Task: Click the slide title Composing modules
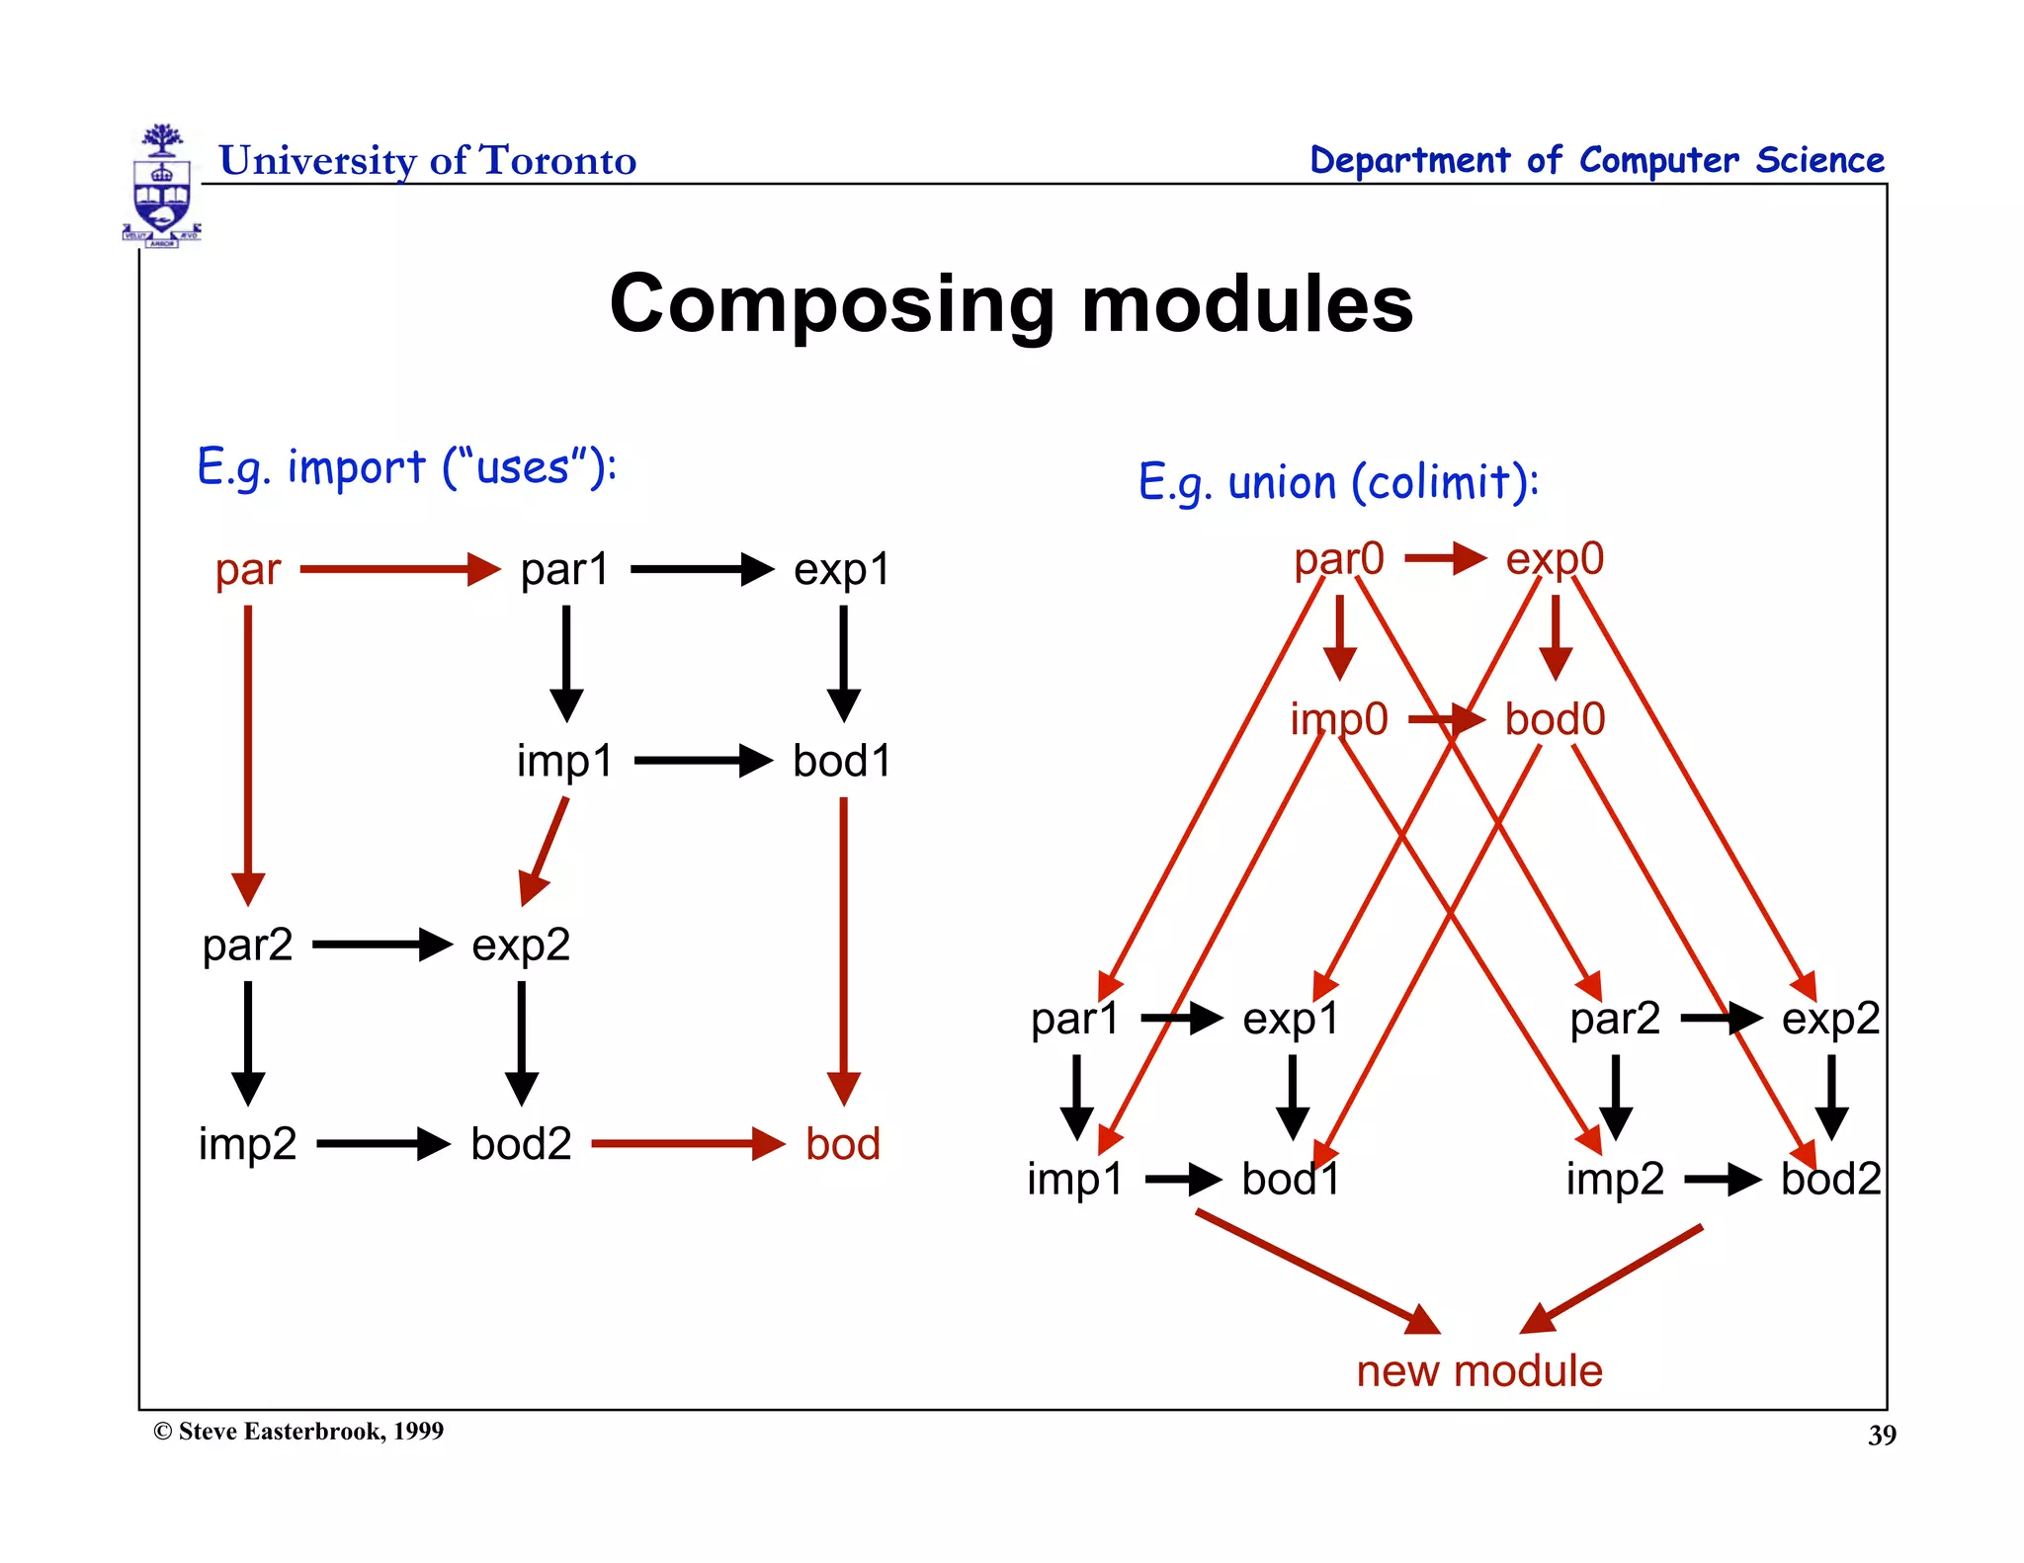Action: (1011, 303)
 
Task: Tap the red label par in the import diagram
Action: (248, 570)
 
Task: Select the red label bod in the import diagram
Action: (842, 1144)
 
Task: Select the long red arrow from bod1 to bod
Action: (843, 948)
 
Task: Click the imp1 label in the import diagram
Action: (564, 762)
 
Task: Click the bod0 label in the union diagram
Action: (1555, 719)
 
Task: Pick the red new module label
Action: (1478, 1371)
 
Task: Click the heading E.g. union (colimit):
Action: (1338, 483)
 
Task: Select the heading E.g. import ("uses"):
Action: (406, 467)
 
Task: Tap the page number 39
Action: (1881, 1436)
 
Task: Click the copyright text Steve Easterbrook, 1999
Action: (299, 1432)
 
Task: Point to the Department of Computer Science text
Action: (1596, 160)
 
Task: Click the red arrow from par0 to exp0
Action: (1444, 559)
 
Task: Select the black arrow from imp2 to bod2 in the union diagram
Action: (1722, 1180)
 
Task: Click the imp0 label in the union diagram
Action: (1338, 719)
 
